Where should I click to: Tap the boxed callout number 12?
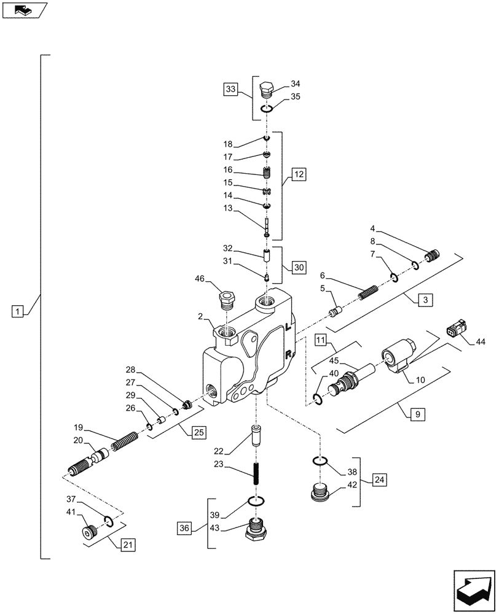click(x=298, y=175)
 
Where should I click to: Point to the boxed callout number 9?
click(x=415, y=415)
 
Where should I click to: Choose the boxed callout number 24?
click(x=379, y=479)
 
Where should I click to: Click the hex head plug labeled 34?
click(x=267, y=90)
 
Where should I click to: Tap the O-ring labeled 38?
click(x=319, y=462)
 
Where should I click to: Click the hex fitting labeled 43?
click(x=256, y=529)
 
